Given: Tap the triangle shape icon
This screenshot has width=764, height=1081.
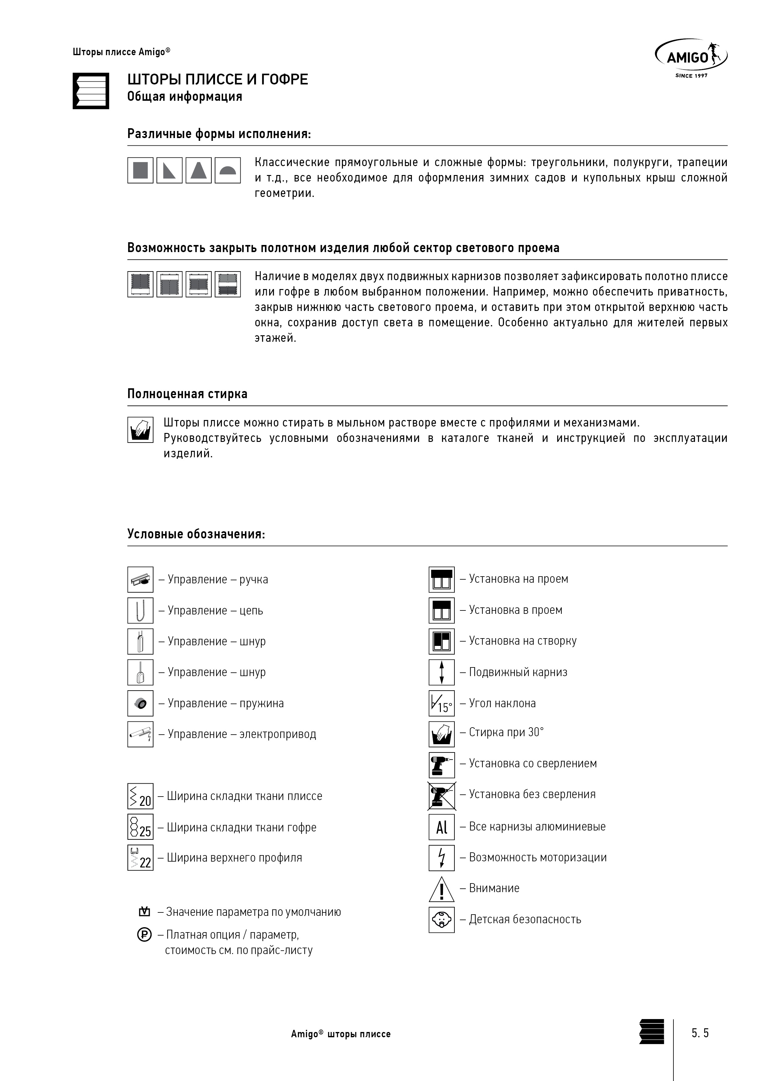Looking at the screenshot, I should coord(169,170).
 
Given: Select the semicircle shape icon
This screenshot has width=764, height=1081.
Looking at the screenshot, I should coord(228,170).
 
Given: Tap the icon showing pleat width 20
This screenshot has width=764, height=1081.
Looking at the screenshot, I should coord(140,796).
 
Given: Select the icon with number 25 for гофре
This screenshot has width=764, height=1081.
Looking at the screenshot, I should coord(140,827).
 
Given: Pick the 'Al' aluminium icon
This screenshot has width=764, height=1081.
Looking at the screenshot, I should coord(441,827).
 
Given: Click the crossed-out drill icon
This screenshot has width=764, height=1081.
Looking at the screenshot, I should coord(441,796).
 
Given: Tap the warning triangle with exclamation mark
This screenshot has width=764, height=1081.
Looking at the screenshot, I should coord(441,889).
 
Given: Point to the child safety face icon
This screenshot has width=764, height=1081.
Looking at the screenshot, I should coord(441,920).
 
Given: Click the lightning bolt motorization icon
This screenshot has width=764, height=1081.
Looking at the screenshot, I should coord(441,858).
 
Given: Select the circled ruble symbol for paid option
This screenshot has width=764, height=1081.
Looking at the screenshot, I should coord(144,935).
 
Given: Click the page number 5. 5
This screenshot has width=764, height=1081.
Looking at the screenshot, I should coord(700,1033).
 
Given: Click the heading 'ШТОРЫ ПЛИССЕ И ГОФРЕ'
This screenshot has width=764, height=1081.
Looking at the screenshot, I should coord(217,80).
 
